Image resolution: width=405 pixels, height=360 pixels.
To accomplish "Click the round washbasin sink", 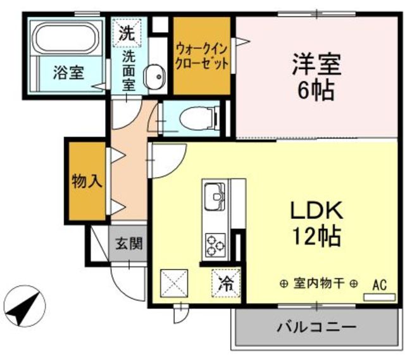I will click(153, 78).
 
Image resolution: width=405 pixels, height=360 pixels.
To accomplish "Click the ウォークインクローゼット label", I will click(201, 56).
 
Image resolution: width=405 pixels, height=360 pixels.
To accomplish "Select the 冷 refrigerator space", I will click(225, 283).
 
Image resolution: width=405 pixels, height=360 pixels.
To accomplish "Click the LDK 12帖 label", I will click(316, 223).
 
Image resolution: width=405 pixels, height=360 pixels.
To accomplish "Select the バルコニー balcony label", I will click(316, 328).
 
